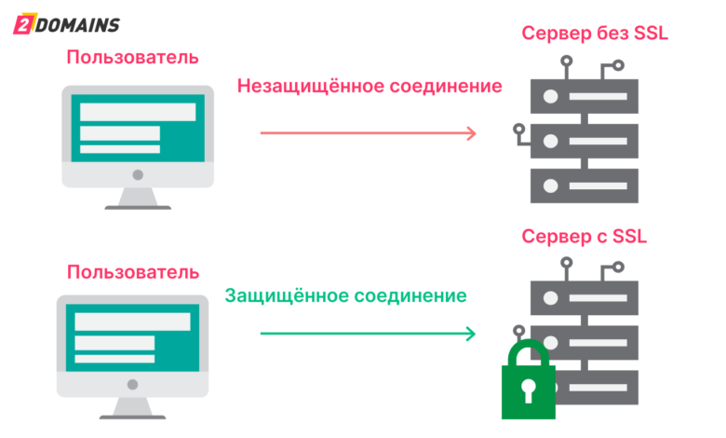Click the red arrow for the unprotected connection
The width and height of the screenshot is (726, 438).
click(368, 132)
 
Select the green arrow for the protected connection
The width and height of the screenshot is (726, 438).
click(368, 334)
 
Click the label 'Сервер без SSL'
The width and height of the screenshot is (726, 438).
click(595, 34)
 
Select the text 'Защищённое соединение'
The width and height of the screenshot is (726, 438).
click(346, 296)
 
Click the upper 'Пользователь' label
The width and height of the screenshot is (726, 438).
click(132, 58)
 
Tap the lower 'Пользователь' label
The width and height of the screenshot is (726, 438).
click(132, 272)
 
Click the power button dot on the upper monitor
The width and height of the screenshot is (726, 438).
click(138, 174)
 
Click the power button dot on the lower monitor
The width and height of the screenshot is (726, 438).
click(133, 385)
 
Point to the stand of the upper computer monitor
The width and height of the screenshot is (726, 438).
click(138, 198)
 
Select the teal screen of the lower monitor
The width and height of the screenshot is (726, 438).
click(132, 335)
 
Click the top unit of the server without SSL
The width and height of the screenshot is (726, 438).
click(584, 97)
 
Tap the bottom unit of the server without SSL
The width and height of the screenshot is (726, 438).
click(584, 185)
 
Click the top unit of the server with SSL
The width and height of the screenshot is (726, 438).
click(584, 298)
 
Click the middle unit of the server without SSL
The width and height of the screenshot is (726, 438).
click(584, 142)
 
